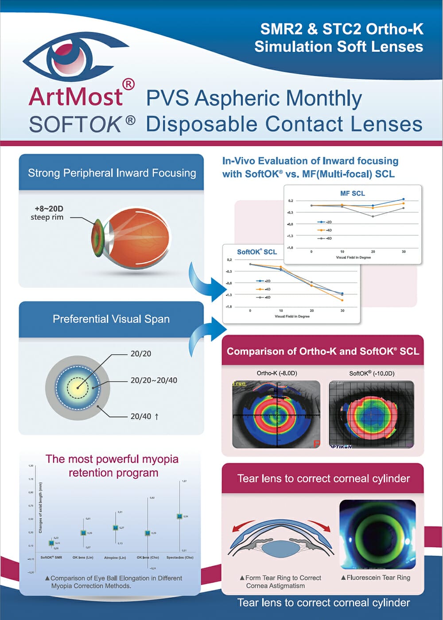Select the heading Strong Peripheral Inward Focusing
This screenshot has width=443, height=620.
point(112,173)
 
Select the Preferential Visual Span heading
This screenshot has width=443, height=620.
point(111,319)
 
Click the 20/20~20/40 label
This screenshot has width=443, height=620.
point(153,380)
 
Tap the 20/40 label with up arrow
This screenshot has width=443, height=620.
point(144,416)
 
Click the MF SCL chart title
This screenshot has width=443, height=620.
point(353,193)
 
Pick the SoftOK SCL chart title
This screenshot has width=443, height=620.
point(257,252)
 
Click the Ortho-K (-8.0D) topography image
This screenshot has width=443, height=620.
point(276,414)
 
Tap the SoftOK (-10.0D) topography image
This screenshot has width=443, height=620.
point(371,414)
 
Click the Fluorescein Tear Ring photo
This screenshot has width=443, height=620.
point(377,534)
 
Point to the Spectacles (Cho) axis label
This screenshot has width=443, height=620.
point(180,557)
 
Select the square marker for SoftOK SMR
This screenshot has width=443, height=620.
point(51,543)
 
